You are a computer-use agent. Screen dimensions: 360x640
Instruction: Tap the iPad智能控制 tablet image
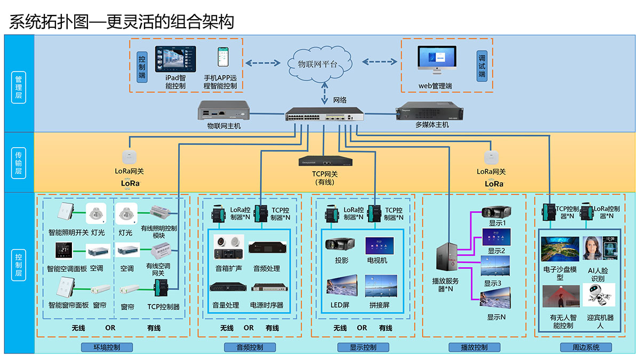click(x=175, y=59)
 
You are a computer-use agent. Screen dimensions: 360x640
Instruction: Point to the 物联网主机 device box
click(x=224, y=110)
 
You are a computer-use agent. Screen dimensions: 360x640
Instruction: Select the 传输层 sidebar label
click(x=19, y=162)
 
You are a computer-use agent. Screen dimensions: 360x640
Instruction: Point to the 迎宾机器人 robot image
click(x=599, y=295)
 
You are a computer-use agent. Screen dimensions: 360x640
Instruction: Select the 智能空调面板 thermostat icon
click(x=64, y=251)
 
